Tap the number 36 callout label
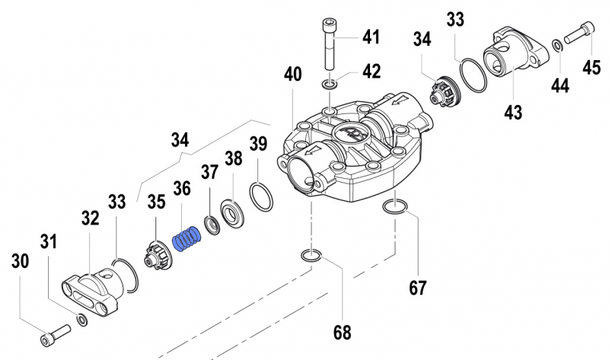coord(181,187)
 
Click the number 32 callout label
coord(90,220)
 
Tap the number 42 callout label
coord(371,73)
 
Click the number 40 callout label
coord(293,75)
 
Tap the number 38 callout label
coord(233,161)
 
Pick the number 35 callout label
coord(156,202)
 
